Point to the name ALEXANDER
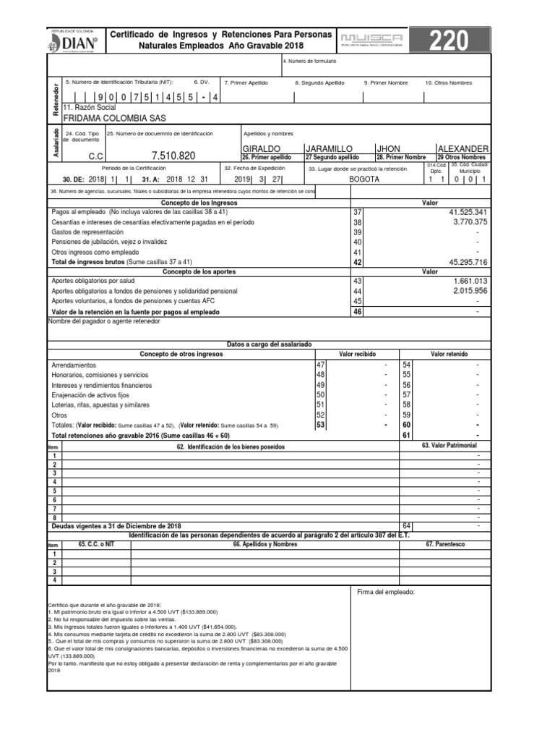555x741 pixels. [463, 148]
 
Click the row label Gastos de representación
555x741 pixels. [95, 232]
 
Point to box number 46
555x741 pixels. [356, 311]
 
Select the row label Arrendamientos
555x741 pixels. [73, 365]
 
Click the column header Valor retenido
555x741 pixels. [449, 355]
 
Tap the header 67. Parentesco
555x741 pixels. [445, 543]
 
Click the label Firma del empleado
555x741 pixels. [386, 593]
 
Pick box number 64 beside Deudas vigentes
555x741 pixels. [406, 525]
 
